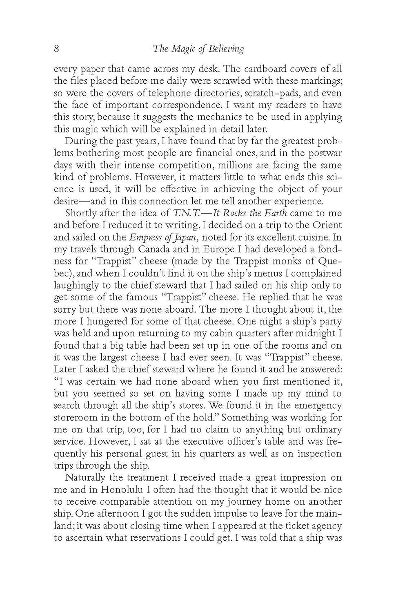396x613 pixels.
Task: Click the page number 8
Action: [57, 49]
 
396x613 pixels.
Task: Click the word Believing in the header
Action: [225, 49]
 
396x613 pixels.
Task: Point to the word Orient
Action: [327, 226]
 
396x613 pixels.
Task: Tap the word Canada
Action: [156, 249]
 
